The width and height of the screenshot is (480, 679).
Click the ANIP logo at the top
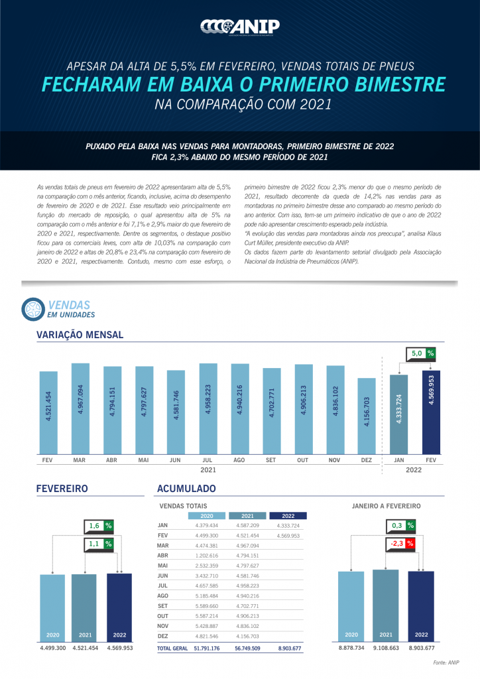[x=239, y=26]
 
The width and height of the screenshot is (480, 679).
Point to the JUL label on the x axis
[x=208, y=459]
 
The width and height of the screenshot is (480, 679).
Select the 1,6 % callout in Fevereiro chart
[x=99, y=526]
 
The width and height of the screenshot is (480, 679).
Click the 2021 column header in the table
[x=247, y=515]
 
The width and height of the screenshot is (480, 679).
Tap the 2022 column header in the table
[x=288, y=515]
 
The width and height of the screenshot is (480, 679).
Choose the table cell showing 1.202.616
[x=207, y=555]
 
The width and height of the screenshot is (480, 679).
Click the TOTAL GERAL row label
[x=172, y=648]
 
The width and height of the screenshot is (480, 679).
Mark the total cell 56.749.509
[x=247, y=648]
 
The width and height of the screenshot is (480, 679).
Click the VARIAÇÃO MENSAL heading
[x=80, y=335]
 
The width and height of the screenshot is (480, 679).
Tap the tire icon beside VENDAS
[x=33, y=308]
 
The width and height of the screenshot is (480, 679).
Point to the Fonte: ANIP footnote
[x=446, y=662]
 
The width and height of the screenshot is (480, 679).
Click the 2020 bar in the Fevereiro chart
[x=52, y=607]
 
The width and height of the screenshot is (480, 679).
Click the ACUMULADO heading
[x=186, y=489]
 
